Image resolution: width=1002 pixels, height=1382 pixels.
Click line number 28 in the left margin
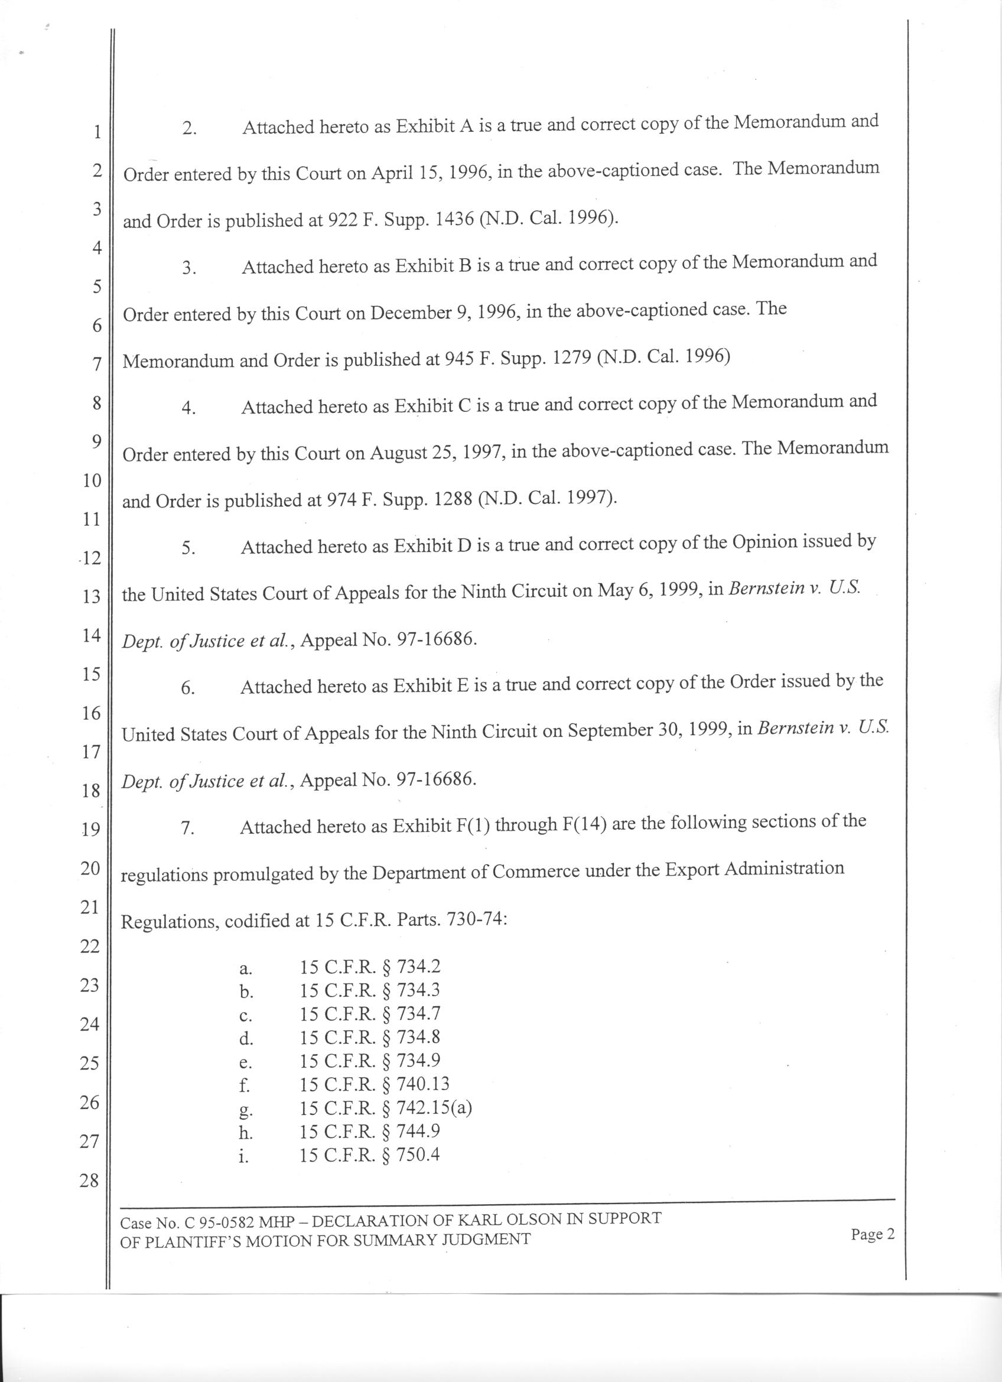(x=89, y=1181)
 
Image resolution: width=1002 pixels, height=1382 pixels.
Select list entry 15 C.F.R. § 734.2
(x=370, y=967)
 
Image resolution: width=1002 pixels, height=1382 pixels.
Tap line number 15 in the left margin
(x=90, y=674)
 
